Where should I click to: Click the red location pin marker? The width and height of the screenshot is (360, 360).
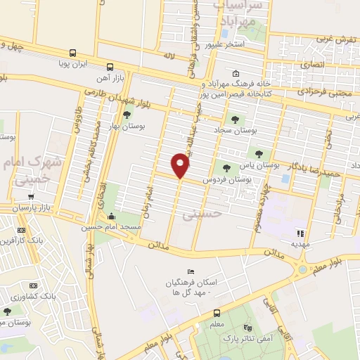tap(181, 166)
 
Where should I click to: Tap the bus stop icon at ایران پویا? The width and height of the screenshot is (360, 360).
tap(72, 53)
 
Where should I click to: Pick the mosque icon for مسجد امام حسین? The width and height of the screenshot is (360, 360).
tap(111, 217)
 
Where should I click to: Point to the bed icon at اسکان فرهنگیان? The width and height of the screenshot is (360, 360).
tap(190, 272)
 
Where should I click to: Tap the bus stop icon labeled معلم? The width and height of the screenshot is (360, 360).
tap(217, 313)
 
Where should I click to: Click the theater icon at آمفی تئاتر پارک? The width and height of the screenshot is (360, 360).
tap(247, 328)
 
